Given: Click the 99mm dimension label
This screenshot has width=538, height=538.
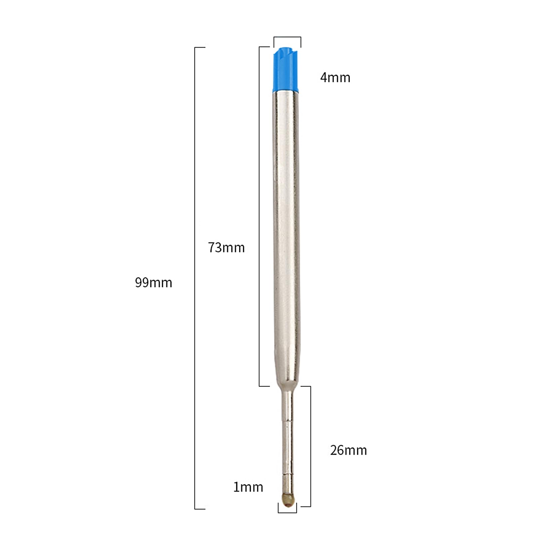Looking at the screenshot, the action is [x=153, y=283].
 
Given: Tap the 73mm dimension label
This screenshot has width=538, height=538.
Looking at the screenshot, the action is [x=226, y=248].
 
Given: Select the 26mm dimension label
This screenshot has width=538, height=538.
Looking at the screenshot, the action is [x=348, y=450].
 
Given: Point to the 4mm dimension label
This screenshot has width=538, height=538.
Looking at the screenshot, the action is [x=335, y=78].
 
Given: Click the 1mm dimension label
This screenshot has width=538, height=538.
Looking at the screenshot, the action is [x=248, y=487].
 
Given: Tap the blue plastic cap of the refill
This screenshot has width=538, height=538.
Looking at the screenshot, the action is [x=285, y=69].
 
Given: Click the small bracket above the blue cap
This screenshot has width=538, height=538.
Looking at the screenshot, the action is [x=287, y=37].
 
